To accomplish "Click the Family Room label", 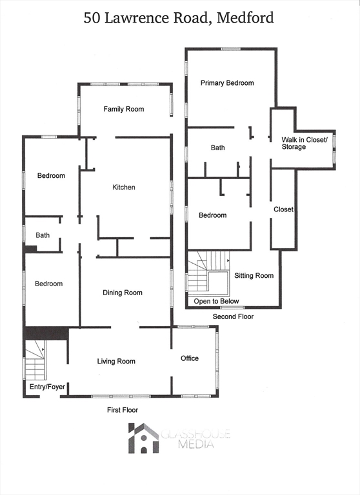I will pyautogui.click(x=124, y=109).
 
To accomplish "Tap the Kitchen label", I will pyautogui.click(x=124, y=188).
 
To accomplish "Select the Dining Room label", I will pyautogui.click(x=123, y=293).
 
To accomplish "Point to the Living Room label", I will pyautogui.click(x=116, y=362).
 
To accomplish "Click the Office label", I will pyautogui.click(x=190, y=358).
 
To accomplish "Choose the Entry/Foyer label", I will pyautogui.click(x=48, y=387).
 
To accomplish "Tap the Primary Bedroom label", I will pyautogui.click(x=227, y=83).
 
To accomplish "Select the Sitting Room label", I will pyautogui.click(x=254, y=276).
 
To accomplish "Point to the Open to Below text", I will pyautogui.click(x=216, y=301).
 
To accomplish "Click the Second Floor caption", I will pyautogui.click(x=234, y=316).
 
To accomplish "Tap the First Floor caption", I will pyautogui.click(x=123, y=410).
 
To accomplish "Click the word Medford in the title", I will pyautogui.click(x=245, y=17).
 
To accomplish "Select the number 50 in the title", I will pyautogui.click(x=92, y=17).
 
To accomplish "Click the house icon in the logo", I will pyautogui.click(x=143, y=438).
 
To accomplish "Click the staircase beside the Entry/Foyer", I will pyautogui.click(x=35, y=360).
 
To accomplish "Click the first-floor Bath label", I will pyautogui.click(x=43, y=235).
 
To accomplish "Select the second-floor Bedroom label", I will pyautogui.click(x=212, y=215).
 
